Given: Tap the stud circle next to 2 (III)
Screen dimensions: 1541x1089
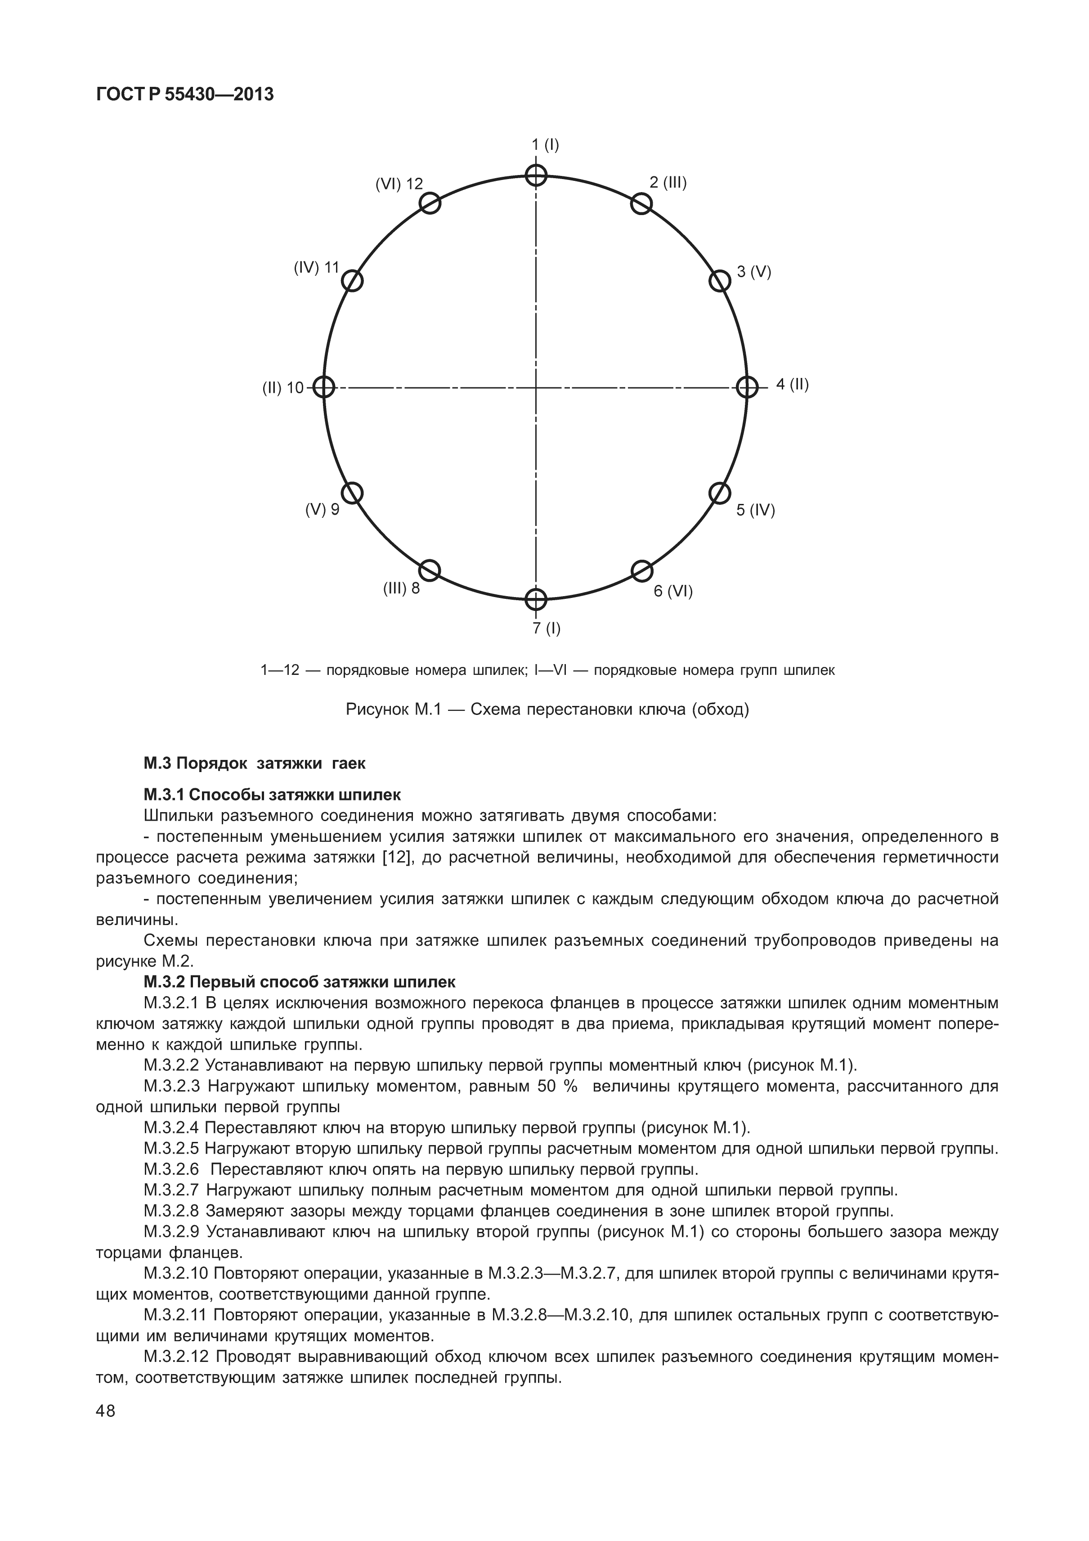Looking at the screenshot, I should tap(641, 203).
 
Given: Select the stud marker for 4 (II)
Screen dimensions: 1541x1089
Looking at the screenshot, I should tap(747, 387).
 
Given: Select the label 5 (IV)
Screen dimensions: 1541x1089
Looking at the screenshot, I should tap(756, 510).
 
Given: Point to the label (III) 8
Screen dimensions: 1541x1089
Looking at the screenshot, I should tap(401, 589).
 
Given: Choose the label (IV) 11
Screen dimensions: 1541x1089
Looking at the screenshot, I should tap(317, 268).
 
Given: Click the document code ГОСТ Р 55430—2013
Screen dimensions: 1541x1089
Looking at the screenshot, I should tap(185, 94).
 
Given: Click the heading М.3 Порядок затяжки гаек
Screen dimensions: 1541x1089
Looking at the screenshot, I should tap(254, 763).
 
